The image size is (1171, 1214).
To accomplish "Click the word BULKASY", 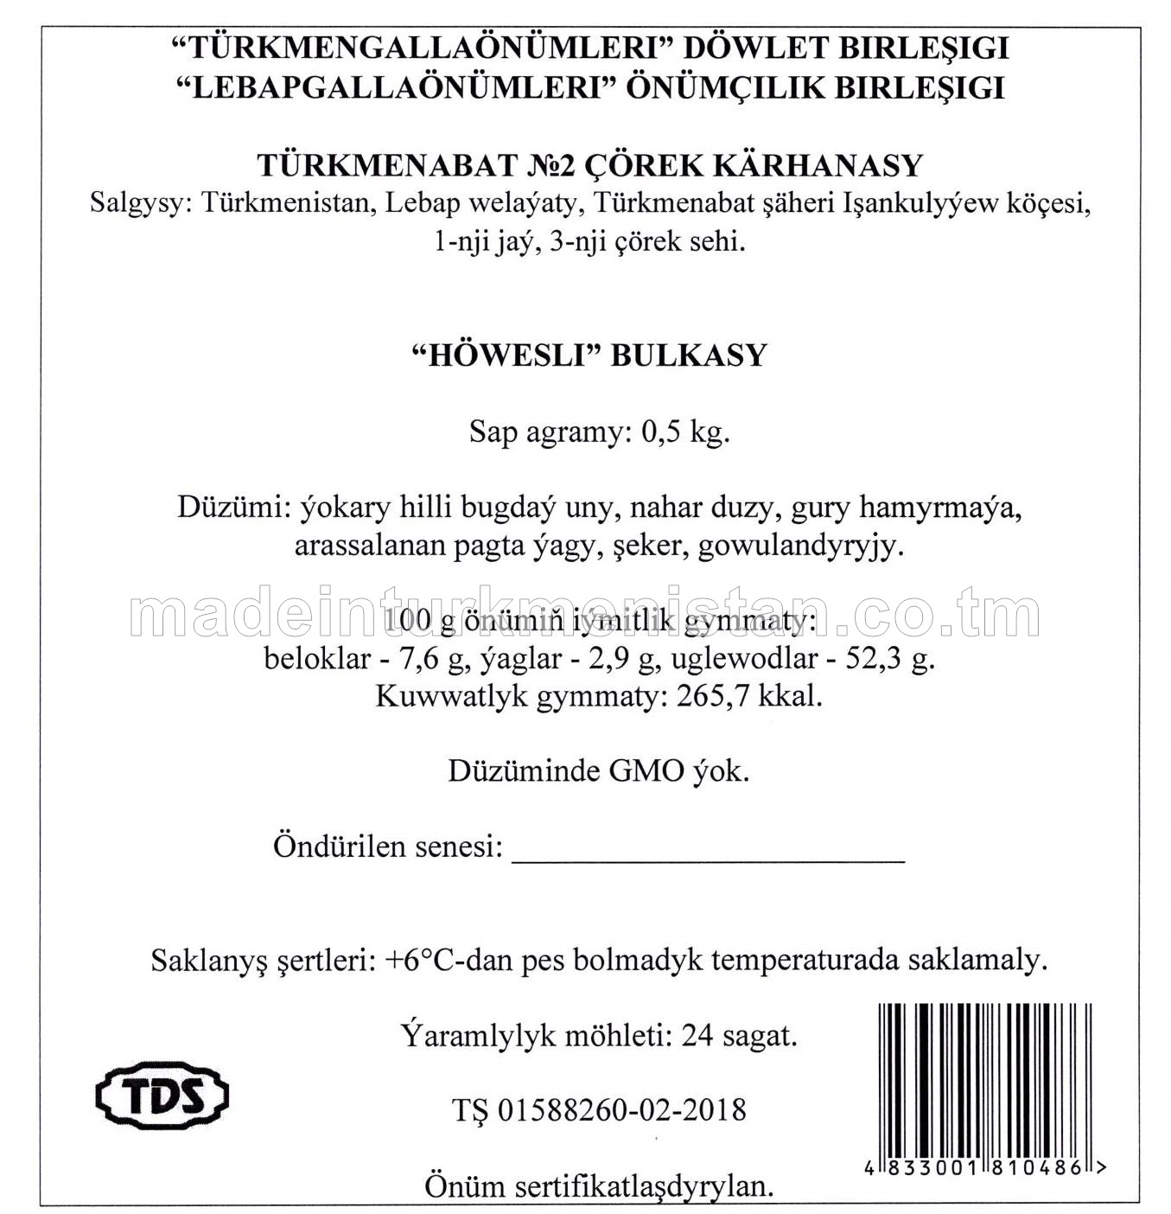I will (689, 355).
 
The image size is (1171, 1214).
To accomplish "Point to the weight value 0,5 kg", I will (685, 431).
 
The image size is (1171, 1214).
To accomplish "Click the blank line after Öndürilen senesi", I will (708, 852).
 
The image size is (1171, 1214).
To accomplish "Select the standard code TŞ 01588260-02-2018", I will (598, 1110).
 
